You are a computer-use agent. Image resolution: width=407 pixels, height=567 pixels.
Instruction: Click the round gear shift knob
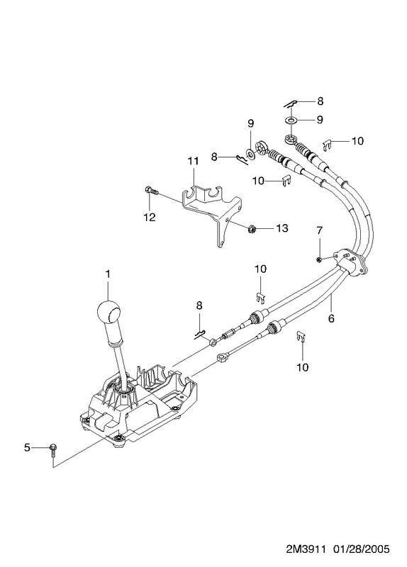point(108,311)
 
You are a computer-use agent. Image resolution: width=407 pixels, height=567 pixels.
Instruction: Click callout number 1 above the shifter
point(108,274)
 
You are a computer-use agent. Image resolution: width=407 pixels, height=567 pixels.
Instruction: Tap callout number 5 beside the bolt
point(27,447)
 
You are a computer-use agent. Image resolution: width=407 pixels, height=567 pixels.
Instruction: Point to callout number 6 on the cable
point(331,318)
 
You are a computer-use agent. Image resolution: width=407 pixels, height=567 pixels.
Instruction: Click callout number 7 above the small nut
point(319,230)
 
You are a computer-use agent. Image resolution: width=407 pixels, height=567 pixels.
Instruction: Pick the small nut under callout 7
point(318,259)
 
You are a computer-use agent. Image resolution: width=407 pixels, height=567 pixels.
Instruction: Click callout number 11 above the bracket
point(193,161)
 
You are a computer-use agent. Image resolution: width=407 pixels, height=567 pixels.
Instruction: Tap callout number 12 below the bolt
point(149,217)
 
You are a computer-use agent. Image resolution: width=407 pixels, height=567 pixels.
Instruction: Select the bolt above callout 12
point(151,191)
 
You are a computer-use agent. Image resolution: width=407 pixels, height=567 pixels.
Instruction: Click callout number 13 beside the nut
point(281,228)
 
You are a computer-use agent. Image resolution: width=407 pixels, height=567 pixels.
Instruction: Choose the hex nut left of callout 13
point(252,228)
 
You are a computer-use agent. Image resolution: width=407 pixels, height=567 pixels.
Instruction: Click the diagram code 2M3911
point(306,549)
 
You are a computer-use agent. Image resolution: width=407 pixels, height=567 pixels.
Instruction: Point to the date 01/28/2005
point(362,549)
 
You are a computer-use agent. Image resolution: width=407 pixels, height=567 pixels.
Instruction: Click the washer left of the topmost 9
point(291,119)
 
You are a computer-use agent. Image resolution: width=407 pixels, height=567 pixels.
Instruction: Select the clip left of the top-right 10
point(328,145)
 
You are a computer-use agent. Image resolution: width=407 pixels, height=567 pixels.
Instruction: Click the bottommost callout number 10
point(303,367)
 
